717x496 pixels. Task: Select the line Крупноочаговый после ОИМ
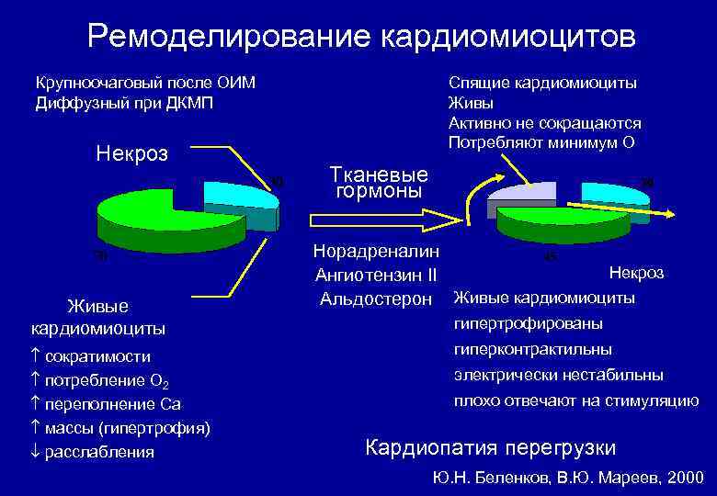click(x=144, y=83)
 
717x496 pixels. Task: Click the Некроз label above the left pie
click(x=131, y=153)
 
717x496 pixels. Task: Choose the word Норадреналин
click(x=376, y=251)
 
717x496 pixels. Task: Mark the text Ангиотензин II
click(x=376, y=275)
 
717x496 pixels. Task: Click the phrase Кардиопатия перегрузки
click(x=491, y=448)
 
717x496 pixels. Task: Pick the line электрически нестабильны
click(x=558, y=376)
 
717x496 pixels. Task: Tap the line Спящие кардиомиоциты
click(x=542, y=83)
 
